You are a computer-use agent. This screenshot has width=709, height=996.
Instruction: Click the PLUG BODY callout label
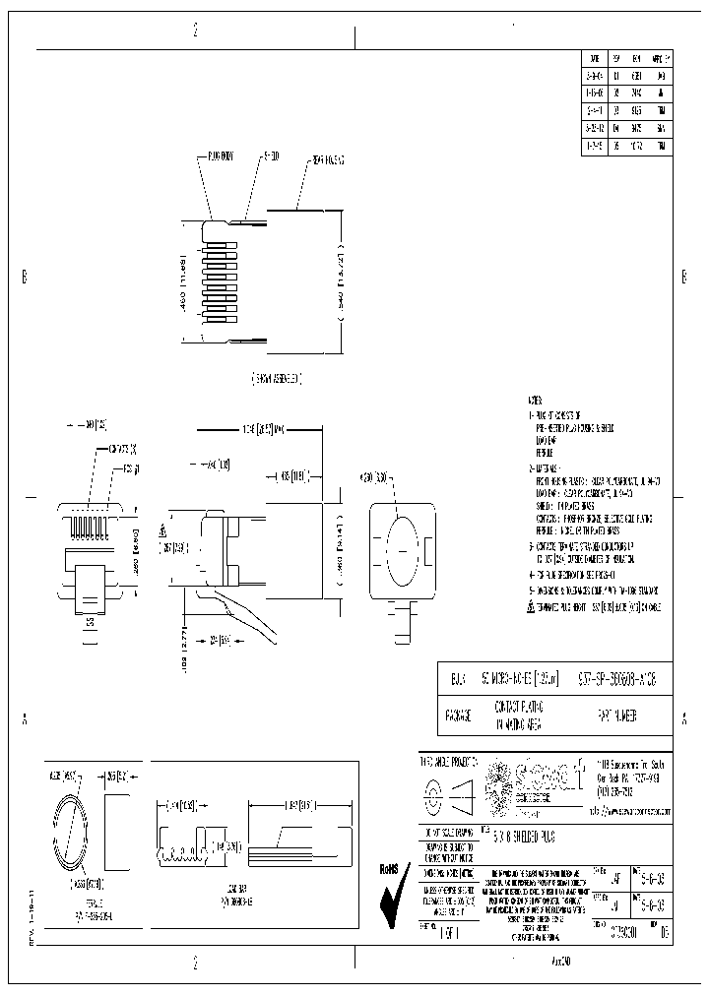[x=220, y=156]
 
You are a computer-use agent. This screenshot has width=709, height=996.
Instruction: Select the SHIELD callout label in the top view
[x=270, y=156]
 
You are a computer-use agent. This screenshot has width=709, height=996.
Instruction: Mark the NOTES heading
[x=535, y=402]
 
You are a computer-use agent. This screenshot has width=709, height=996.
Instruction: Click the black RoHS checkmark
[x=395, y=896]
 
